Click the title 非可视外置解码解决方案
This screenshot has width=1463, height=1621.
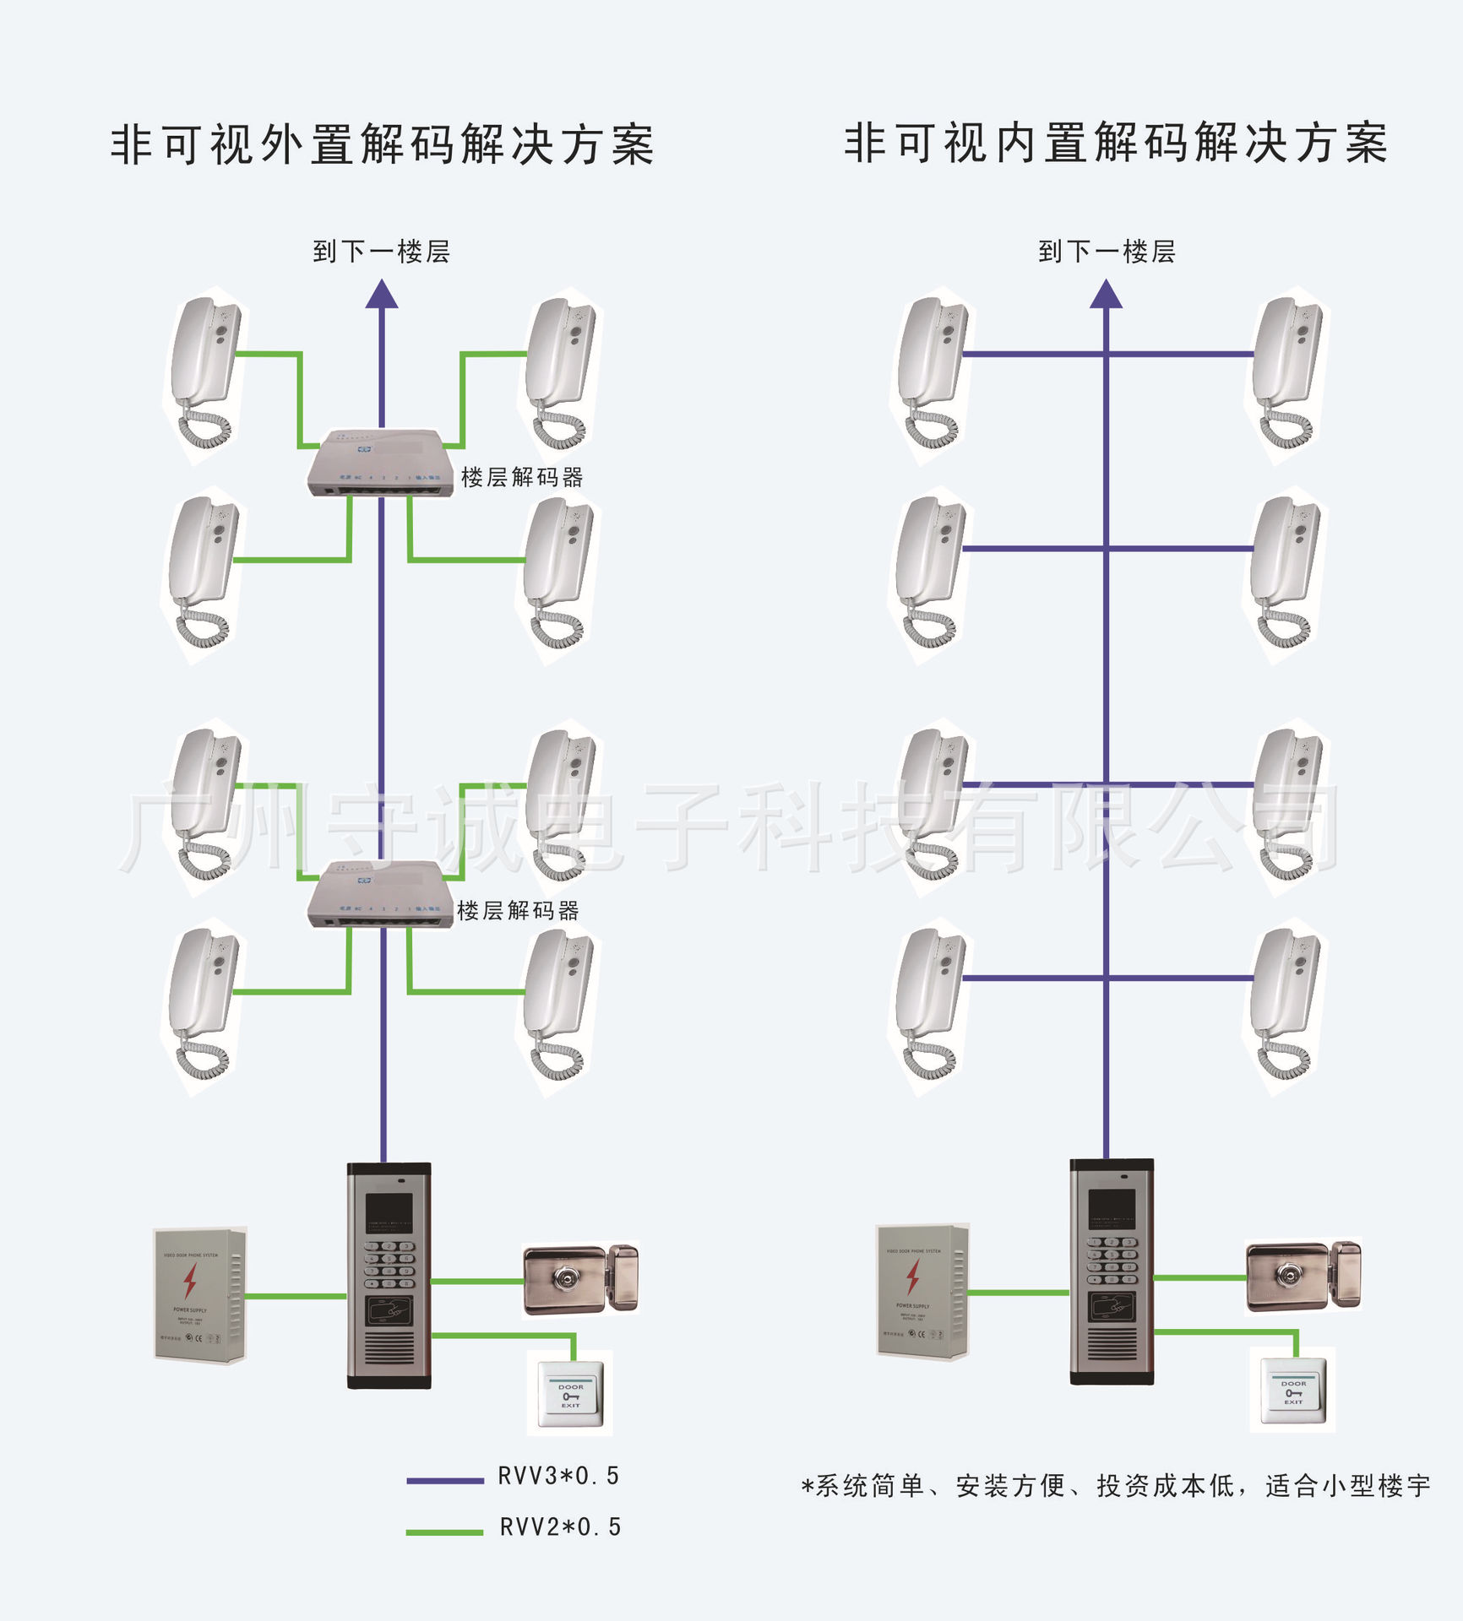click(382, 144)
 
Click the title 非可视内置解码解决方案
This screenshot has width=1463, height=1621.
click(1115, 143)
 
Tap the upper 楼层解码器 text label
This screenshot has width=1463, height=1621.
click(522, 478)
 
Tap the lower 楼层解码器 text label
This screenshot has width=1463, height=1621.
click(518, 911)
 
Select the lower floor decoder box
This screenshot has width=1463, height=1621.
click(379, 894)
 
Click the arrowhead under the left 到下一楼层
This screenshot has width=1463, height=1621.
click(382, 295)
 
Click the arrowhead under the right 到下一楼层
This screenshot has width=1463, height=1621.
click(1106, 295)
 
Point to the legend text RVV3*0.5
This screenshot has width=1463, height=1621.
click(559, 1476)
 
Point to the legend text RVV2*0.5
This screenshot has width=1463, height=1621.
click(560, 1526)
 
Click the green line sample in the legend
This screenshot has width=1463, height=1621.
click(444, 1532)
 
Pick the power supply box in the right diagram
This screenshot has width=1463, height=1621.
click(922, 1291)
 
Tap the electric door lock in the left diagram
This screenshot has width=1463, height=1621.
click(580, 1280)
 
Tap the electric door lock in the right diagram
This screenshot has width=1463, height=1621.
click(1303, 1276)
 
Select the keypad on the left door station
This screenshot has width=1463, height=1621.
click(389, 1264)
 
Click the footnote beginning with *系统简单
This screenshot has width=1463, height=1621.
click(1115, 1486)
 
